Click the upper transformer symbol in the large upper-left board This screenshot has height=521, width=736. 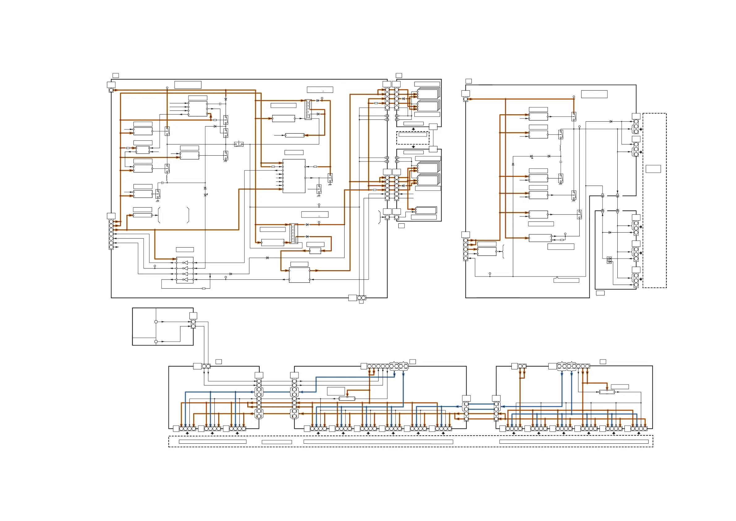coord(308,110)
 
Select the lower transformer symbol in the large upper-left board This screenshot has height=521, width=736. coord(293,233)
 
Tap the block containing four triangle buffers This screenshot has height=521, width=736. coord(185,270)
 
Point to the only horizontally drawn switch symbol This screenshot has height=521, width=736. coord(239,144)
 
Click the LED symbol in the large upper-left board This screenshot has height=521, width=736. coord(205,195)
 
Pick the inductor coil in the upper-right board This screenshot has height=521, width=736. coord(560,148)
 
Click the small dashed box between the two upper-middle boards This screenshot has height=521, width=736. coord(412,138)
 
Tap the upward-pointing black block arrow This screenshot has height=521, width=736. coord(413,147)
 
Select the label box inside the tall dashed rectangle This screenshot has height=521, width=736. coord(653,169)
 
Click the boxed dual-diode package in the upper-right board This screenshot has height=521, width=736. coord(609,260)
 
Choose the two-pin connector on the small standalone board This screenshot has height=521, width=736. coord(193,324)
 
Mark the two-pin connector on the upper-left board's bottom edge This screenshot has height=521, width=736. coord(361,298)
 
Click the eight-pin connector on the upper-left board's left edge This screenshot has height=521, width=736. coord(111,234)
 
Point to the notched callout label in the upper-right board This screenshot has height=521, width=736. coord(566,280)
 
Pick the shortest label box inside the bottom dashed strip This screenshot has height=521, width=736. coord(277,442)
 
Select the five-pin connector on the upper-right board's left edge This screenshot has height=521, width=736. coord(465,249)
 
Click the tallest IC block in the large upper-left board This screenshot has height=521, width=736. coord(294,176)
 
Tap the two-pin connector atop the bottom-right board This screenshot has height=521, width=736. coord(522,366)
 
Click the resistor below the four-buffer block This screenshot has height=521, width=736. coord(204,289)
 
